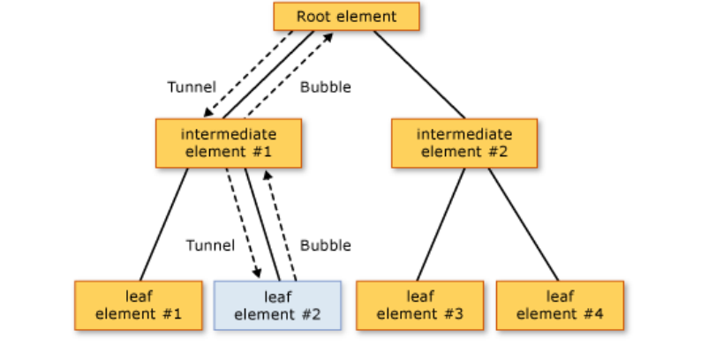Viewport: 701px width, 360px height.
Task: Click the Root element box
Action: [346, 17]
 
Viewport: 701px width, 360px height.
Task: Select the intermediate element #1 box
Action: [229, 143]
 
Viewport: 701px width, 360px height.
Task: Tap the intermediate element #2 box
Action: [464, 143]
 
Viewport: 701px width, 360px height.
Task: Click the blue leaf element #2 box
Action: [277, 305]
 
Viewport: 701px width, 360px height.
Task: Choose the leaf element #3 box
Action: [420, 305]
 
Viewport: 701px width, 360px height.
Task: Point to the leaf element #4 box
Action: [560, 305]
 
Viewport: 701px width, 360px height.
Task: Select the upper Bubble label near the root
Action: [325, 87]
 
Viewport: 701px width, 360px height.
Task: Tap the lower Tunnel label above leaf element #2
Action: [210, 245]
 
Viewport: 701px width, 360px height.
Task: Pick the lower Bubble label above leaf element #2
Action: [325, 245]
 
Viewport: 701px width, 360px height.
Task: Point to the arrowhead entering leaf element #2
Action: [258, 274]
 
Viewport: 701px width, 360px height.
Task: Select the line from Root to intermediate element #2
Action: [418, 74]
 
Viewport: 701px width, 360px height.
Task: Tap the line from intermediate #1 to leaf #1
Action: [164, 224]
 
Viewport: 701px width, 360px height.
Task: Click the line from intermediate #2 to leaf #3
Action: [441, 224]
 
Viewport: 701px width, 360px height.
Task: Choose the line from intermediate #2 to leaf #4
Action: [523, 224]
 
